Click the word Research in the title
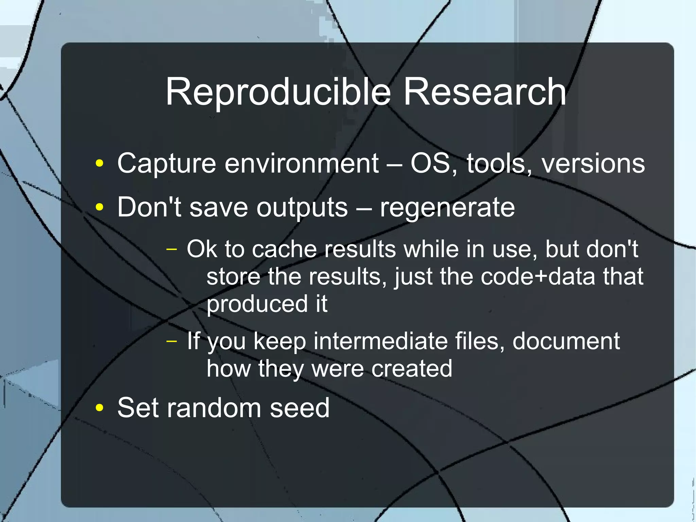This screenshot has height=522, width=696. point(485,92)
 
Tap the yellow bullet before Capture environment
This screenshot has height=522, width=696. point(99,163)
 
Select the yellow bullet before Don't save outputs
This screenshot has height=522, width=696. point(99,207)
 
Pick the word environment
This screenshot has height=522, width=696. point(301,163)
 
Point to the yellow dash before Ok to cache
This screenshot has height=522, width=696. point(172,249)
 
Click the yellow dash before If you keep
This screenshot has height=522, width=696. point(172,341)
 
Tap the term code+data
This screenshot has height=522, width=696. point(538,276)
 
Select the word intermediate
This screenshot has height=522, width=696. point(380,341)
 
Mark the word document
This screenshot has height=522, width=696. point(566,341)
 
